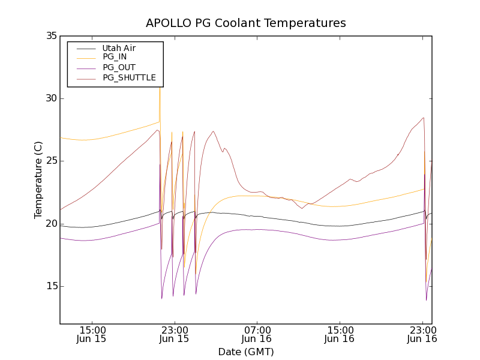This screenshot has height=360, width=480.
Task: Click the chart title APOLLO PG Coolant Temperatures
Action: tap(246, 23)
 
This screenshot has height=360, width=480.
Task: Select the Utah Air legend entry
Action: tap(119, 48)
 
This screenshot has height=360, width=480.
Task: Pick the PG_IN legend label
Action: tap(115, 57)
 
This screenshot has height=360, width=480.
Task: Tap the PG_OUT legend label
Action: tap(118, 67)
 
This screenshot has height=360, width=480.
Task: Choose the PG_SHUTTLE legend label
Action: tap(129, 77)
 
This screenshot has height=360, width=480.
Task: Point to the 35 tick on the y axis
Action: tap(50, 36)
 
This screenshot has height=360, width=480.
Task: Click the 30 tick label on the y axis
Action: tap(50, 98)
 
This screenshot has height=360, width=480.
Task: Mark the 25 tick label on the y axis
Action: tap(50, 161)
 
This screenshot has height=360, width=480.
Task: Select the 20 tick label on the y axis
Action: tap(50, 223)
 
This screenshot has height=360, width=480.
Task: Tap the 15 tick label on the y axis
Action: tap(50, 286)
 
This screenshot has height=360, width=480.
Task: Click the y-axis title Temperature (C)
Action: tap(38, 179)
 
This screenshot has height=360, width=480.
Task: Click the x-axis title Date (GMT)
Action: tap(246, 352)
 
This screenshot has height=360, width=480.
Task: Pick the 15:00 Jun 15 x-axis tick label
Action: tap(92, 334)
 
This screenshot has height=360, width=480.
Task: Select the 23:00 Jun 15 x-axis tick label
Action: tap(174, 334)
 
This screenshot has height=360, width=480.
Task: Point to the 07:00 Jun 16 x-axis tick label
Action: tap(257, 334)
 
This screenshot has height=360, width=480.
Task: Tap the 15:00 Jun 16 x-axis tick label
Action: tap(340, 334)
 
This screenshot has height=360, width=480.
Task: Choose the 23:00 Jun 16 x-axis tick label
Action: tap(422, 334)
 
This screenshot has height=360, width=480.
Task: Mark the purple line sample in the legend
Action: tap(84, 67)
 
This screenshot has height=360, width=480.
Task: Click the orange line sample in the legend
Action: tap(84, 57)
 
